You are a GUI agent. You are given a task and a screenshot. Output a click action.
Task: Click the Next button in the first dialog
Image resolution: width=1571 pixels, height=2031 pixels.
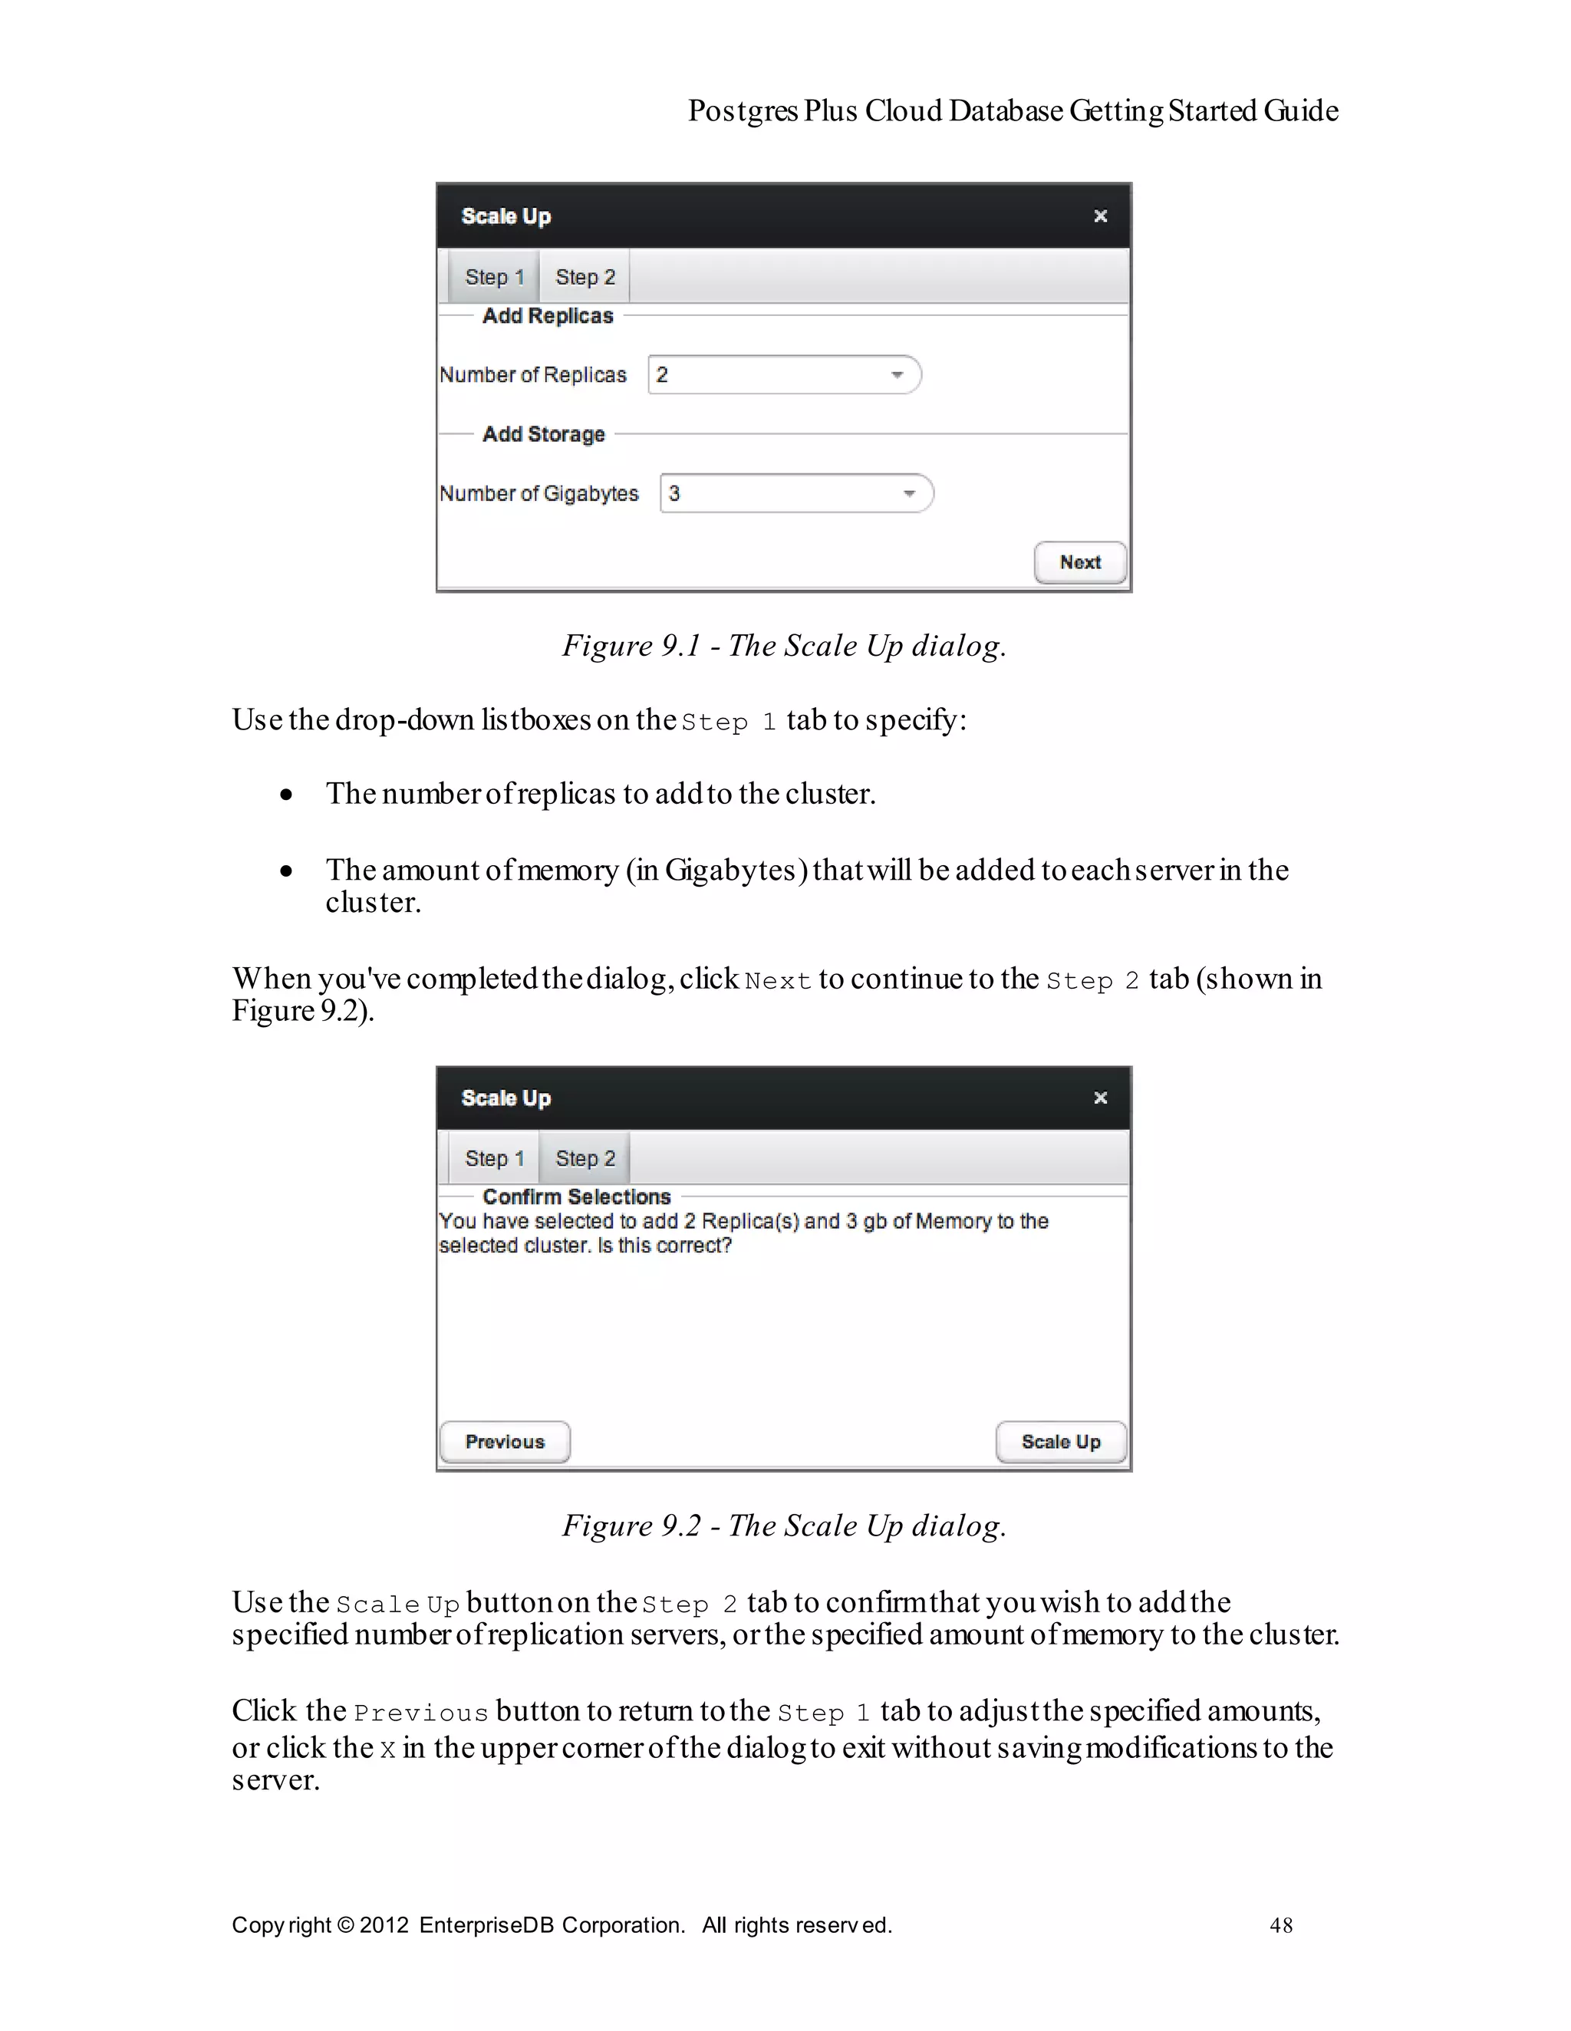pyautogui.click(x=1080, y=563)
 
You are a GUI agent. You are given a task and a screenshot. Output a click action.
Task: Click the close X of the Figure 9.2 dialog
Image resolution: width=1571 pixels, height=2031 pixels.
pyautogui.click(x=1100, y=1098)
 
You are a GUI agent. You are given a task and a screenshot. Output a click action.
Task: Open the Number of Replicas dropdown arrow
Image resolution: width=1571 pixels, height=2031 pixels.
pyautogui.click(x=897, y=375)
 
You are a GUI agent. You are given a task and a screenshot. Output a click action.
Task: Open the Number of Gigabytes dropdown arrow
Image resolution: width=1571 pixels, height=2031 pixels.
pyautogui.click(x=909, y=493)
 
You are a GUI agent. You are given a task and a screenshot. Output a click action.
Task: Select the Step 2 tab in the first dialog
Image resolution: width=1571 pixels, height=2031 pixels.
pyautogui.click(x=585, y=277)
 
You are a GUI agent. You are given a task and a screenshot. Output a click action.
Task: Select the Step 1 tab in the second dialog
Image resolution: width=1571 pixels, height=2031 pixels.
pyautogui.click(x=494, y=1159)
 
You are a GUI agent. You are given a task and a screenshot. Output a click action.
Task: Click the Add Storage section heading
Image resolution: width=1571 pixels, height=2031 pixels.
pyautogui.click(x=543, y=434)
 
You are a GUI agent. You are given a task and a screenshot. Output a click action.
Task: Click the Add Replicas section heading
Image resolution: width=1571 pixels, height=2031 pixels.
pyautogui.click(x=547, y=316)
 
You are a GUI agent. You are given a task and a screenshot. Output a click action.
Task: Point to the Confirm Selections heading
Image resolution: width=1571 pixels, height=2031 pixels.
pyautogui.click(x=576, y=1197)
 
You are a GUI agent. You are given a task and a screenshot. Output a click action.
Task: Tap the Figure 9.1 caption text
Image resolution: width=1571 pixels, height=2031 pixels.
pyautogui.click(x=783, y=645)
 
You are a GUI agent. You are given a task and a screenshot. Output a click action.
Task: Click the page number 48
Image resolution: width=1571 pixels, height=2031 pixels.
pyautogui.click(x=1281, y=1925)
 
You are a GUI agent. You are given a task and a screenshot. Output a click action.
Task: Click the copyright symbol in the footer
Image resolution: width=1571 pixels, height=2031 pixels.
pyautogui.click(x=346, y=1925)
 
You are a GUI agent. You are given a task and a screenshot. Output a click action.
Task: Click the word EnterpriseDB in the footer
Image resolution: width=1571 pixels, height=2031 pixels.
pyautogui.click(x=486, y=1925)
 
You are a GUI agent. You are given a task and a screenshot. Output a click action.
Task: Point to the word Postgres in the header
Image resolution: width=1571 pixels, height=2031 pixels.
pyautogui.click(x=743, y=110)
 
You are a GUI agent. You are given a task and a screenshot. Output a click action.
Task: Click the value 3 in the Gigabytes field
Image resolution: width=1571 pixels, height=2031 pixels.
pyautogui.click(x=674, y=494)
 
